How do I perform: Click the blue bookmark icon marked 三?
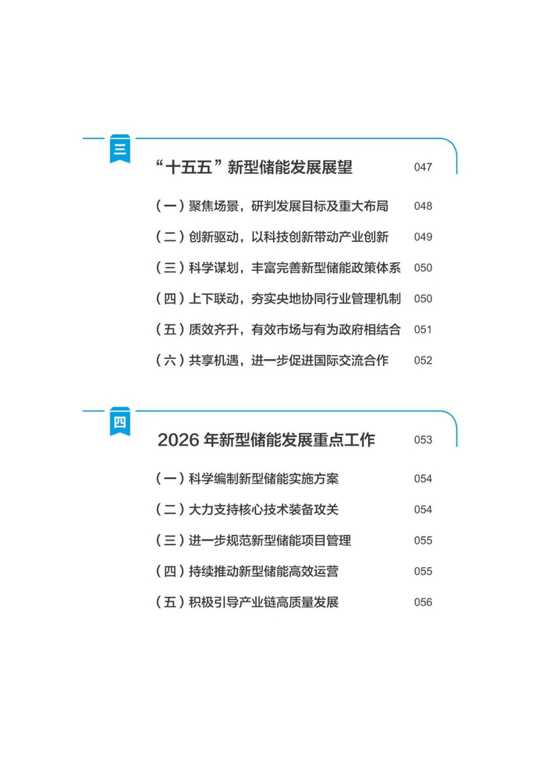(120, 148)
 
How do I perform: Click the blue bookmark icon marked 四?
(120, 421)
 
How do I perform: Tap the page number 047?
(423, 167)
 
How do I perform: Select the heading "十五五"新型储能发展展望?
(254, 167)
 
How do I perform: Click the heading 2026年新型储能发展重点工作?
(266, 440)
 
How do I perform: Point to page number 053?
(423, 440)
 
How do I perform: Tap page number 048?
(423, 206)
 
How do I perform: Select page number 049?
(423, 236)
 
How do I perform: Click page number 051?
(423, 329)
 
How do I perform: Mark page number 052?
(423, 360)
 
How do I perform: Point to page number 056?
(423, 602)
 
